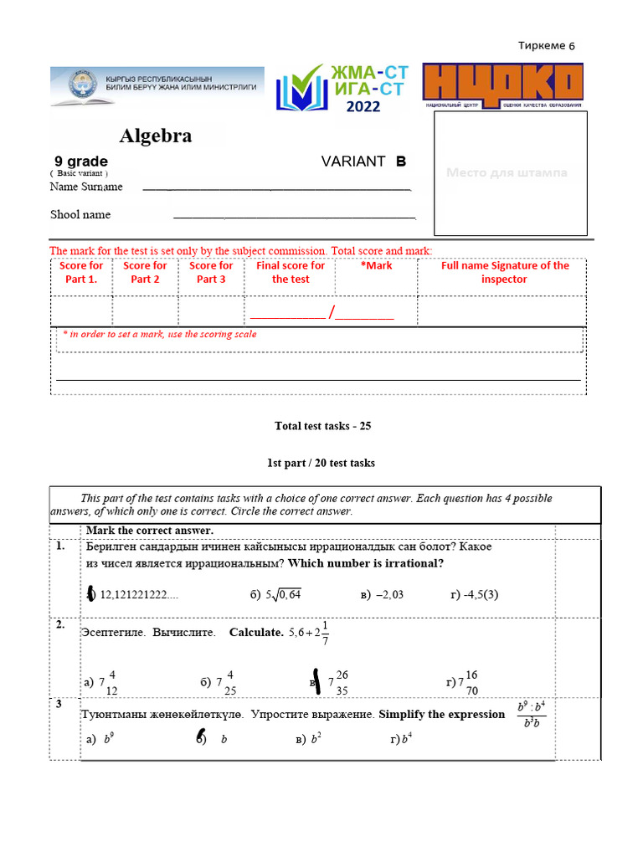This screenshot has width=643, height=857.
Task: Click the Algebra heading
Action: point(156,136)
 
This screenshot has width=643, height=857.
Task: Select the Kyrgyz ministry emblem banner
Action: point(157,86)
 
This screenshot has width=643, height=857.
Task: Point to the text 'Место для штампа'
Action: point(507,172)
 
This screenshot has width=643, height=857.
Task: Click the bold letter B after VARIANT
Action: point(401,162)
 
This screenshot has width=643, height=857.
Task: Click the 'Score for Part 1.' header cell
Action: point(81,273)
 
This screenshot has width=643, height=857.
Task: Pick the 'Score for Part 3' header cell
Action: point(211,273)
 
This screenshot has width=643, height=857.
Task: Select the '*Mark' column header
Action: point(376,266)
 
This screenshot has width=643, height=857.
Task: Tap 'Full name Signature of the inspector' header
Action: point(505,273)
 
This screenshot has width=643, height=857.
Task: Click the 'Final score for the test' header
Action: point(291,273)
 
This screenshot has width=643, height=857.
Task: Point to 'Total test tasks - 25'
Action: point(322,426)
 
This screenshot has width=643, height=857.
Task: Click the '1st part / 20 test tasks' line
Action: point(321,463)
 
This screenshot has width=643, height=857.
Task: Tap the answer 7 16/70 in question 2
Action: point(467,682)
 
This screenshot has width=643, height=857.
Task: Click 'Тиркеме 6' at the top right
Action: point(547,46)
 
